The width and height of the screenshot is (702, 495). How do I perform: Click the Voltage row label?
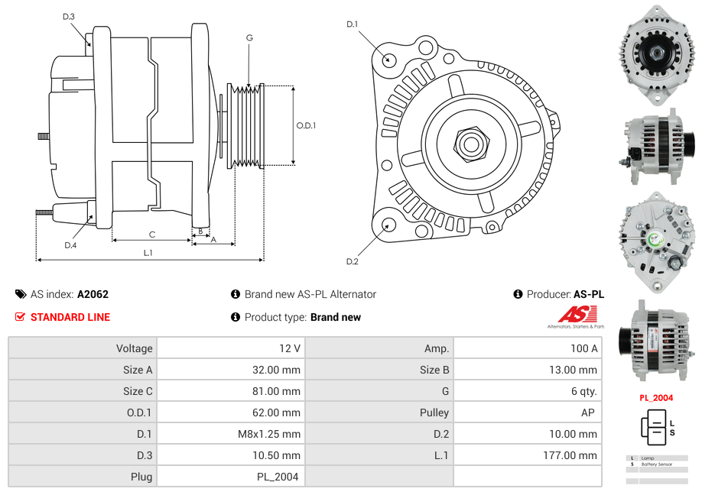click(134, 348)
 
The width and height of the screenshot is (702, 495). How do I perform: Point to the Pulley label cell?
click(434, 412)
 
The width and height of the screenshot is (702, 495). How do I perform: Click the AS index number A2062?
click(93, 294)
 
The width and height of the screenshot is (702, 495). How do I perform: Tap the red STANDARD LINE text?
click(70, 317)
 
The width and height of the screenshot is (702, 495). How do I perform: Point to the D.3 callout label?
click(69, 16)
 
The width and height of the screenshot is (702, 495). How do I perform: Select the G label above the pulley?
click(249, 37)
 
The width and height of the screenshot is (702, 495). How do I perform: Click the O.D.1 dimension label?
click(306, 126)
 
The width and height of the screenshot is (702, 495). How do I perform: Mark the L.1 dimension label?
click(148, 252)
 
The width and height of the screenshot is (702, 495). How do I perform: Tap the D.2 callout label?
click(352, 261)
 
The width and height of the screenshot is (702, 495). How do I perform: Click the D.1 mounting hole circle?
click(388, 59)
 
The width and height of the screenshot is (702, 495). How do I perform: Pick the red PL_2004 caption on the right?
click(656, 397)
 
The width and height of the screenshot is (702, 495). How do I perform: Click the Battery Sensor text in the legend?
click(656, 464)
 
